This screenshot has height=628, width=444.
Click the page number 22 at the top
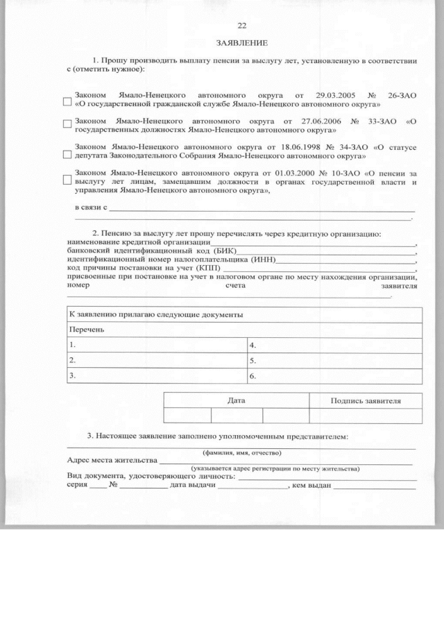[241, 26]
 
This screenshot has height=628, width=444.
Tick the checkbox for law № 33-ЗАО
[67, 125]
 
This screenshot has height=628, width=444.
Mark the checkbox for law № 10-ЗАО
[67, 181]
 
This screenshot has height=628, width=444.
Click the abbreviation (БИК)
[225, 251]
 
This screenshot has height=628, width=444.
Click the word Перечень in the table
[86, 329]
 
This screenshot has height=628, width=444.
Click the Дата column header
[236, 400]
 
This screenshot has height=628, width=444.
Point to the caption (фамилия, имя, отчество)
[241, 452]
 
